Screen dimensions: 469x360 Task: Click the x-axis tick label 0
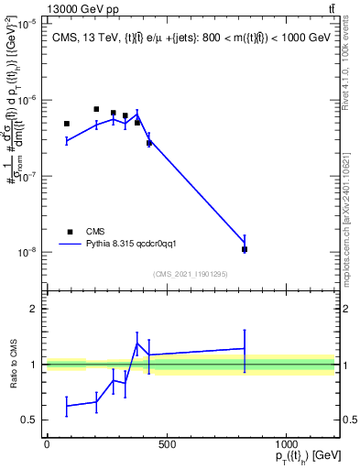pyautogui.click(x=47, y=444)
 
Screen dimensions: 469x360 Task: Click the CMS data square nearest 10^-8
pyautogui.click(x=245, y=249)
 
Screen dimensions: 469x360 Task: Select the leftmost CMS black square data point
pyautogui.click(x=67, y=124)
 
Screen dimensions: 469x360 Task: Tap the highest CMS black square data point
pyautogui.click(x=96, y=109)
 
